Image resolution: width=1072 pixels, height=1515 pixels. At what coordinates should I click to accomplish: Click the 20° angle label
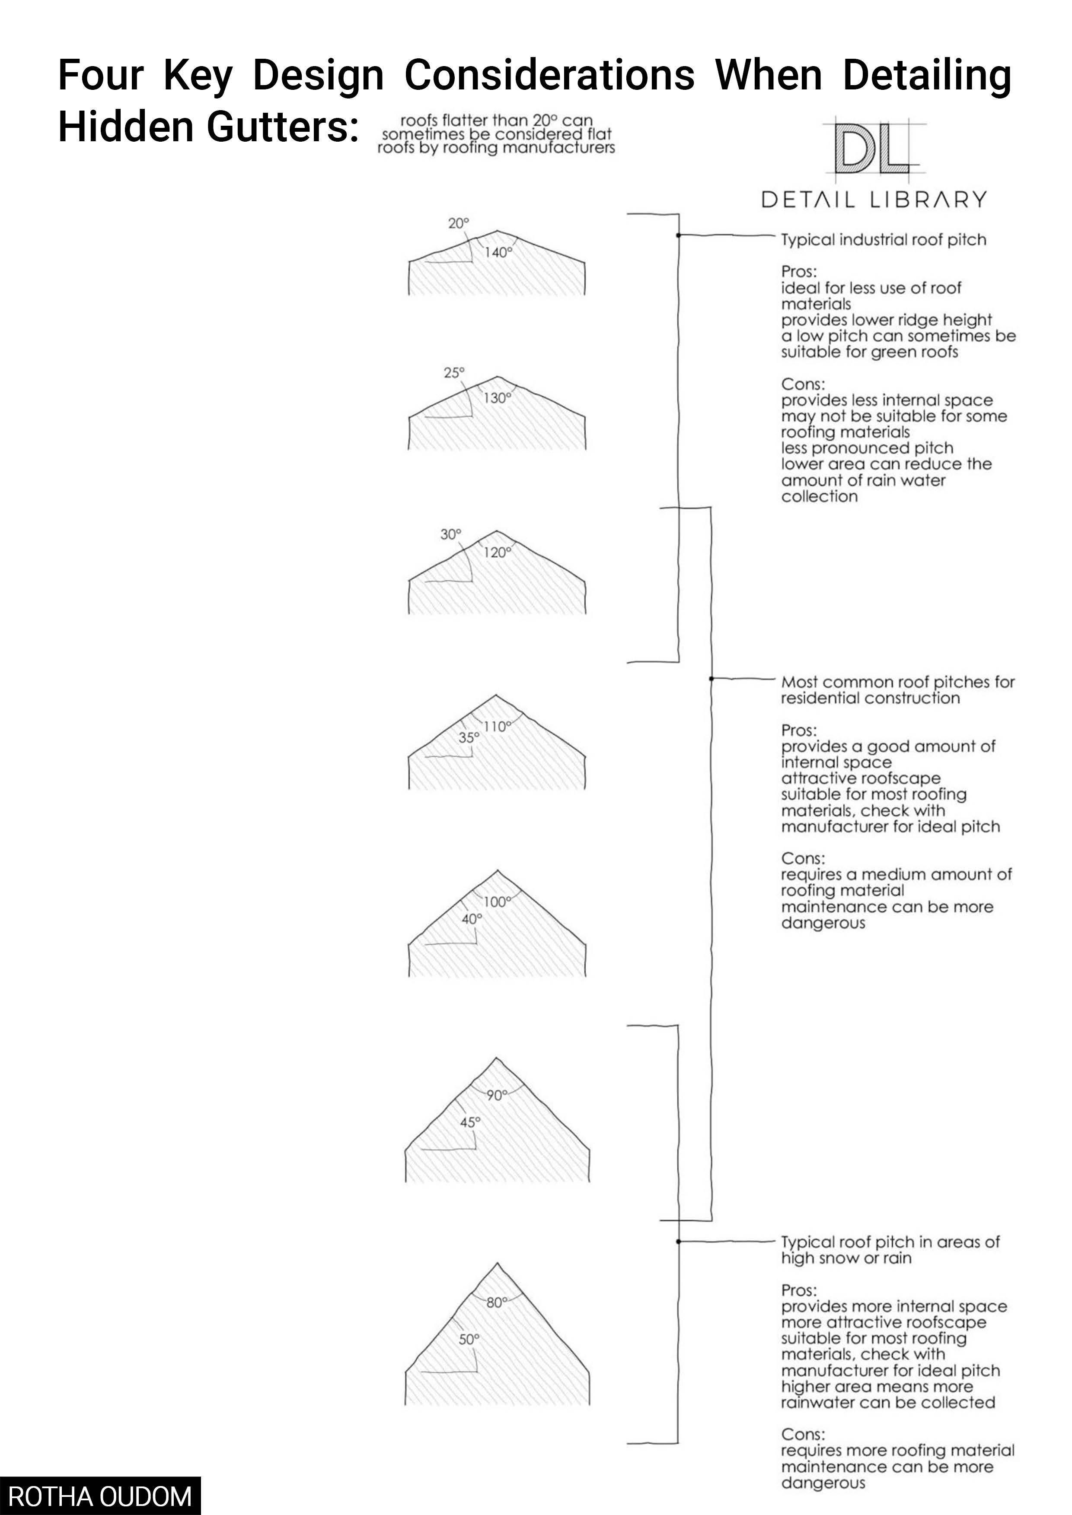tap(458, 224)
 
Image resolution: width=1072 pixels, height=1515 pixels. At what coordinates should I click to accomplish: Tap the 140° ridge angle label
tap(498, 253)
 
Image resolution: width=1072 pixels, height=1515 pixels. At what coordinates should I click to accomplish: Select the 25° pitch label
tap(454, 373)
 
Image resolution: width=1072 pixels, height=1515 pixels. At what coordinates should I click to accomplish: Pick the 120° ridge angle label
tap(498, 553)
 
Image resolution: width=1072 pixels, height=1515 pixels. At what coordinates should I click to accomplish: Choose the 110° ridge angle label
tap(498, 727)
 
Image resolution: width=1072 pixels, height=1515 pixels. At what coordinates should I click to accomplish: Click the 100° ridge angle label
tap(498, 902)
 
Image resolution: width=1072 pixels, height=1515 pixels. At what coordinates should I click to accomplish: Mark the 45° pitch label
tap(470, 1122)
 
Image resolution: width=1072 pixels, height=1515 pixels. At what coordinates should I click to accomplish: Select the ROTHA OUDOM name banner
tap(100, 1496)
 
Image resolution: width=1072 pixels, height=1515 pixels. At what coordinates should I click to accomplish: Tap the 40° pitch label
tap(471, 919)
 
